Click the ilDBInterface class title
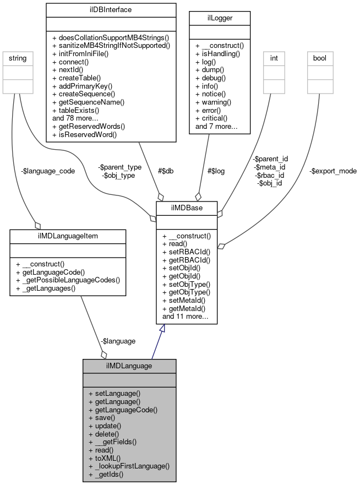click(111, 9)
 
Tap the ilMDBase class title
click(187, 208)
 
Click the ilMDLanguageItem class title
click(68, 235)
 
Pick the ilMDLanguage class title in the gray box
click(129, 366)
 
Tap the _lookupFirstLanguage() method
click(128, 466)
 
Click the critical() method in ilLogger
click(212, 118)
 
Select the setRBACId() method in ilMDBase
click(186, 252)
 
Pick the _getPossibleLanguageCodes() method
click(68, 280)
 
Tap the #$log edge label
click(216, 171)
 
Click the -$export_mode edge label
click(332, 171)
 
